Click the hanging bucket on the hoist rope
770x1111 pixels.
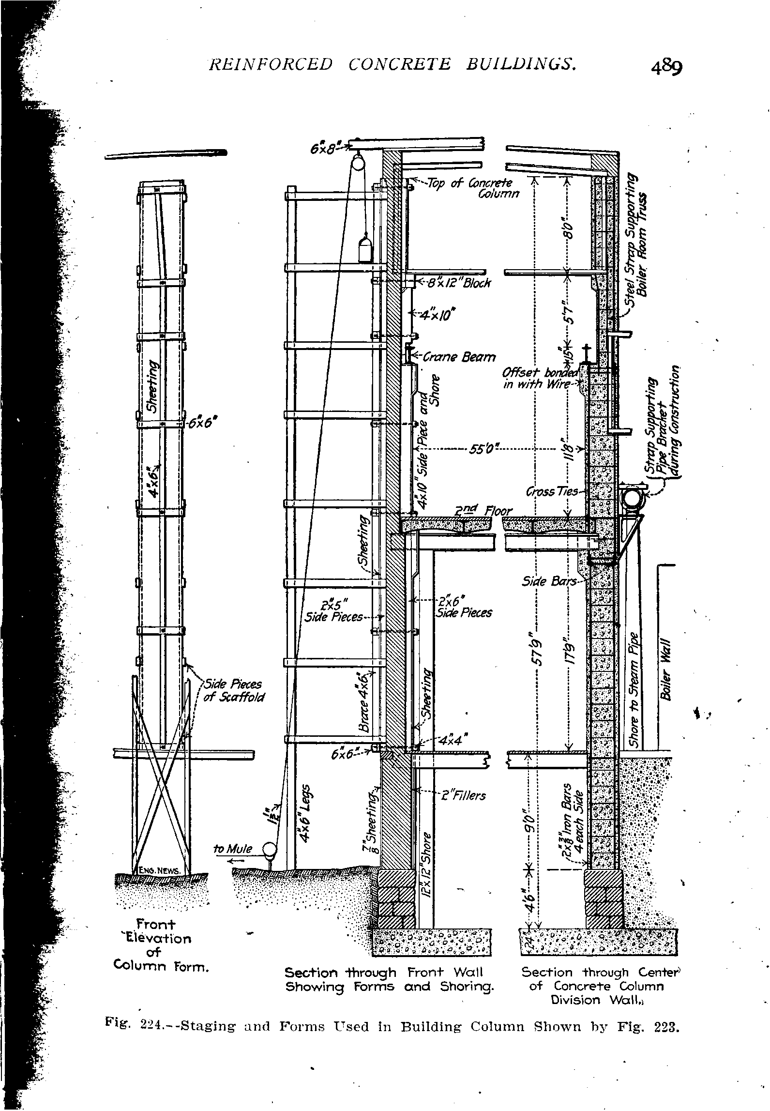click(x=365, y=249)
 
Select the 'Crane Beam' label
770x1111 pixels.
click(x=459, y=357)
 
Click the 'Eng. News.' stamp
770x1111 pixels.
click(x=160, y=871)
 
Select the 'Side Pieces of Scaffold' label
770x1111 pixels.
click(x=233, y=690)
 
